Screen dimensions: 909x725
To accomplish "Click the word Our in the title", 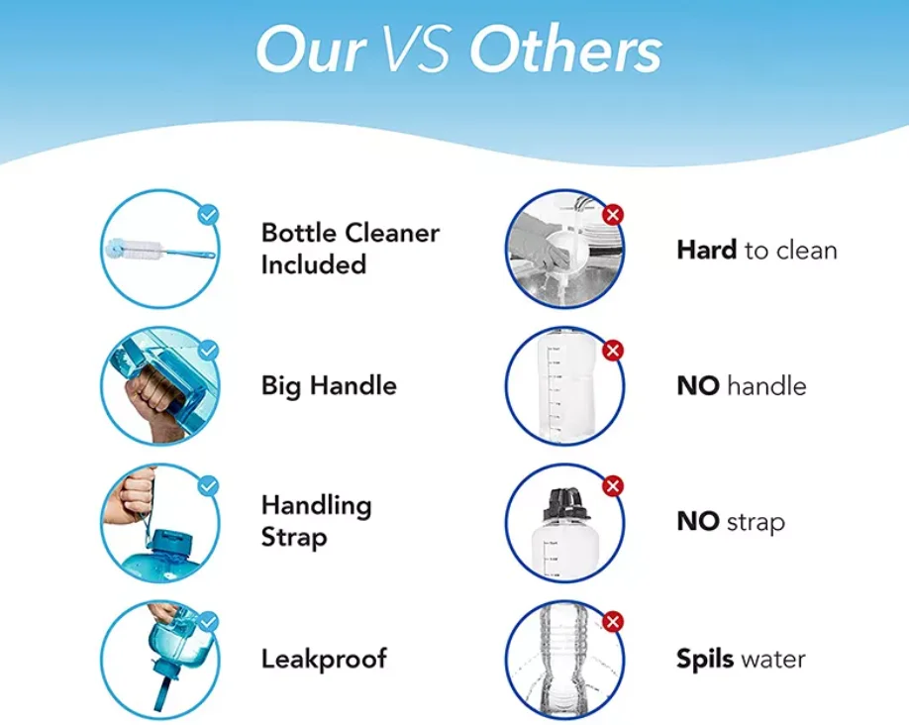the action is [311, 50].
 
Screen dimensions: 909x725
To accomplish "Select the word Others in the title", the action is [565, 50].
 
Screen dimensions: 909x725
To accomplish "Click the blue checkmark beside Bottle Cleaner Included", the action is [208, 215].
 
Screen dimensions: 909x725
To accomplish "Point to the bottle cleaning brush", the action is [160, 251].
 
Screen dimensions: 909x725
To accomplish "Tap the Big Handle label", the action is [329, 386].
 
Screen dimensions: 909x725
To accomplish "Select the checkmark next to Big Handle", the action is [208, 351].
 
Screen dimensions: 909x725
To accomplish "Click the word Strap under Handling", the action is [294, 538].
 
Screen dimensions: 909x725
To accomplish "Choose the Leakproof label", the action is [324, 659].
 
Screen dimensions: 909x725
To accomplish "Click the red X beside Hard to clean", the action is [613, 215].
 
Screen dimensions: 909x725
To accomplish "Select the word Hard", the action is [707, 251].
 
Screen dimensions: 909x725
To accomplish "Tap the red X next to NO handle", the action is [613, 351].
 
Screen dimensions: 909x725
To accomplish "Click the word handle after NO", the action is [766, 386].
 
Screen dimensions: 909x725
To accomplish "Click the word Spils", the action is [705, 660].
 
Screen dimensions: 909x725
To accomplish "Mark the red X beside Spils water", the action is [613, 622].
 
